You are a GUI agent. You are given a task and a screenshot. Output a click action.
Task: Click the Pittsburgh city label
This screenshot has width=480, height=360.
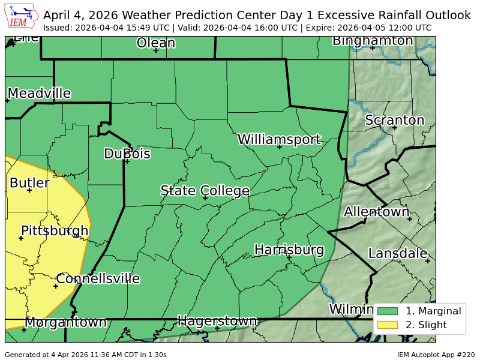coord(55,231)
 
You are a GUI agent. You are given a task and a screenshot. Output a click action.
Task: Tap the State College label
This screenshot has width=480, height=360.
coord(205,191)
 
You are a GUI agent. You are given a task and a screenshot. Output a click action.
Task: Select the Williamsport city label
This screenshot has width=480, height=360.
coord(279,140)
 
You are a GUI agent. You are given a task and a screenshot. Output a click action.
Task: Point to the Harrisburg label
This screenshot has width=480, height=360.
coord(289,250)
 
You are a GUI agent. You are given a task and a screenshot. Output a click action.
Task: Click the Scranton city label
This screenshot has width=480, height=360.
coord(394,121)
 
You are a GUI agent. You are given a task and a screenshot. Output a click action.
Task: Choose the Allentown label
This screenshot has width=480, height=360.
coord(376,212)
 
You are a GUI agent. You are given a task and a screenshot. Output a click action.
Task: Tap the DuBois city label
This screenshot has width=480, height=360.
coord(127,154)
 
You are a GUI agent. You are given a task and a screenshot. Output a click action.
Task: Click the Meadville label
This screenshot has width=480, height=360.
coord(39,94)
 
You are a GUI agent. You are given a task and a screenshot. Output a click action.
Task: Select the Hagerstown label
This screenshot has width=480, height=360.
coord(217,321)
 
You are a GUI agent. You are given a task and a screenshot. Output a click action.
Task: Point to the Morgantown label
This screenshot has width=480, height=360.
coord(65,323)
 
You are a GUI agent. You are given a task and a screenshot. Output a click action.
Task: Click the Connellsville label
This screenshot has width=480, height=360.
coord(98,279)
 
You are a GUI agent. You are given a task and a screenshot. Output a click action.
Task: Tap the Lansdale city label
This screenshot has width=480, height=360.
coord(397,253)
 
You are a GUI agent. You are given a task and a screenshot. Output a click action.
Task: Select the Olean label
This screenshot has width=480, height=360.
coord(155,43)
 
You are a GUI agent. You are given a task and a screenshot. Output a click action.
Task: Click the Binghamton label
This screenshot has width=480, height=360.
coord(373,41)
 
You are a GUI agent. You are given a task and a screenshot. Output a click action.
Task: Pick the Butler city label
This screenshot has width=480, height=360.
coord(29,183)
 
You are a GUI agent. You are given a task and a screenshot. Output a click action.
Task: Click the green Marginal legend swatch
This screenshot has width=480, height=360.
coord(388,311)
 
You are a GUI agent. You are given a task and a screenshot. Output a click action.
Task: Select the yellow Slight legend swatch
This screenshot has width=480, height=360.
coord(388,325)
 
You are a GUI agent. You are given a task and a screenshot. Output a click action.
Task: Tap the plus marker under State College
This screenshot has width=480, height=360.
coord(205,198)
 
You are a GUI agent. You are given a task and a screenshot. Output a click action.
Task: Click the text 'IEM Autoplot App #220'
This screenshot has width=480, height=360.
coord(436,355)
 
